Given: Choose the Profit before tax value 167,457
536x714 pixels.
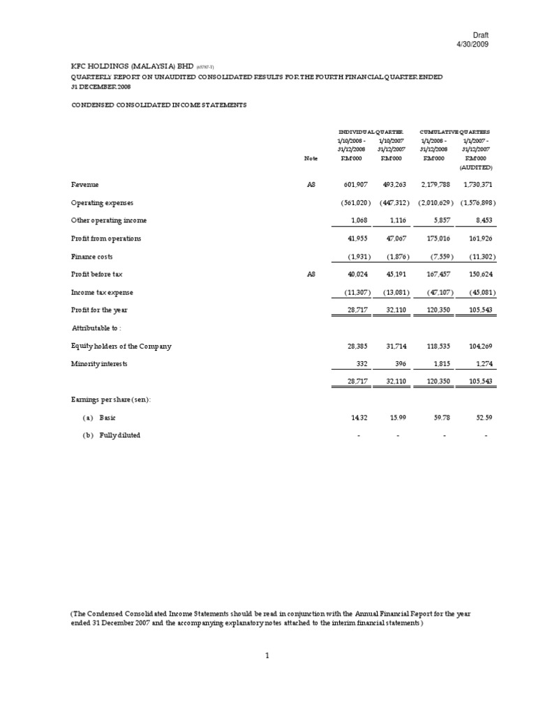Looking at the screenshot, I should coord(438,275).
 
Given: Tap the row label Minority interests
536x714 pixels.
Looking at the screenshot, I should coord(99,364).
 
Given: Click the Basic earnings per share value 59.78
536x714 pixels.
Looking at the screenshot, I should coord(440,418).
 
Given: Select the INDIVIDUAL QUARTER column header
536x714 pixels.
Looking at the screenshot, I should coord(362,131).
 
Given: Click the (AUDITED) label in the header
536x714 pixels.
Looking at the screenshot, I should coord(477,167).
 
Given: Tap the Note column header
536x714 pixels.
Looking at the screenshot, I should coord(311,158).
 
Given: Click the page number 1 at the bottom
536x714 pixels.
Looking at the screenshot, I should coord(268,656).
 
